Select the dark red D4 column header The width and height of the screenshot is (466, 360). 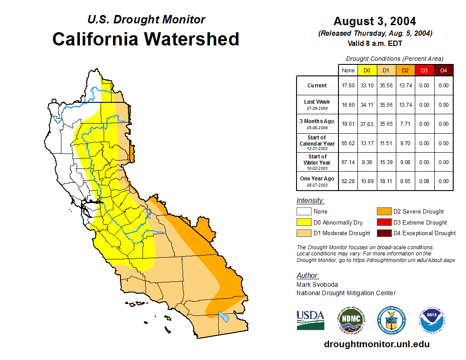(x=443, y=70)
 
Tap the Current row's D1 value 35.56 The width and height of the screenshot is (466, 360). (x=386, y=86)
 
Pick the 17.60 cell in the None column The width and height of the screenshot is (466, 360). (x=348, y=86)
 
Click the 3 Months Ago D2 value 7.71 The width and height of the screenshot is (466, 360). (x=405, y=124)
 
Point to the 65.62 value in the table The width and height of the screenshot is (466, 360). (x=348, y=143)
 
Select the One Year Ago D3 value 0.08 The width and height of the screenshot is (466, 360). (x=424, y=181)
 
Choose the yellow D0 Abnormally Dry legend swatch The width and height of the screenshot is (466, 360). (x=303, y=222)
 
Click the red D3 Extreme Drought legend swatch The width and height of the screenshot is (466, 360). (x=383, y=222)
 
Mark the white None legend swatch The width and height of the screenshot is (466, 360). (x=303, y=212)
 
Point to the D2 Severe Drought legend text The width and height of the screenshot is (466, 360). (x=419, y=212)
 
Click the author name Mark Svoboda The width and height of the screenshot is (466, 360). (x=317, y=285)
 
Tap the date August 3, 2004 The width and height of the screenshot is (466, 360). (x=375, y=21)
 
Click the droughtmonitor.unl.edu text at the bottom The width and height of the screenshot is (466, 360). (x=376, y=344)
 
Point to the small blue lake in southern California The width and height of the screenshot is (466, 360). (x=224, y=316)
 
